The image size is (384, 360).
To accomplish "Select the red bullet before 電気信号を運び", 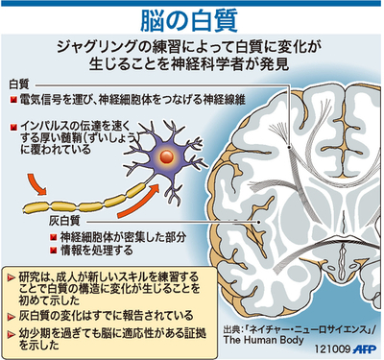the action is pos(12,100).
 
